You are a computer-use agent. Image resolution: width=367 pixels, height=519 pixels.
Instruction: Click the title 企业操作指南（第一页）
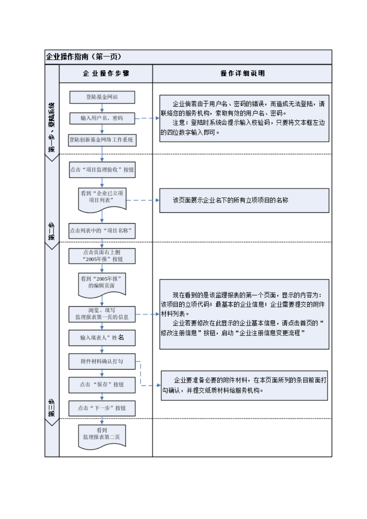[x=84, y=57]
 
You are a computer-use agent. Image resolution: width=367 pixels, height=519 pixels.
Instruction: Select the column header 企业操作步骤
[x=106, y=73]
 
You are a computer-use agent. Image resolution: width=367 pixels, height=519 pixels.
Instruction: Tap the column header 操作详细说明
[x=242, y=73]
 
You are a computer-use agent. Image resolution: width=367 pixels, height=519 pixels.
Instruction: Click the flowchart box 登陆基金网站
[x=102, y=97]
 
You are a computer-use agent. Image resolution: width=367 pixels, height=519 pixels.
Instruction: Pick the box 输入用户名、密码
[x=102, y=118]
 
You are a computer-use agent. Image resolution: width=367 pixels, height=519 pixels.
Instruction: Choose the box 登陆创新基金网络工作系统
[x=102, y=140]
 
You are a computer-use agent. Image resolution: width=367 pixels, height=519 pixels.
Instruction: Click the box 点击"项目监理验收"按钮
[x=102, y=170]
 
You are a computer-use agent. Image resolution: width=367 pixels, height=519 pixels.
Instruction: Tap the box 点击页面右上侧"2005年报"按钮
[x=102, y=256]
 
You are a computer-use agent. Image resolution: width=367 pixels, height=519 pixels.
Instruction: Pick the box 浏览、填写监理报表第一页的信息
[x=102, y=314]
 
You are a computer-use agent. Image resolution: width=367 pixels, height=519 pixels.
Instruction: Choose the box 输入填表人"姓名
[x=102, y=338]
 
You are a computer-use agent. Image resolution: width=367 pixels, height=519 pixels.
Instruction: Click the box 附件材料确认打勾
[x=102, y=361]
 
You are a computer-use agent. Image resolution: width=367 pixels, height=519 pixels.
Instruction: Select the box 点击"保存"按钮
[x=102, y=385]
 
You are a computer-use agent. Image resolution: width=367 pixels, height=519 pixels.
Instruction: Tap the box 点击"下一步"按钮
[x=102, y=408]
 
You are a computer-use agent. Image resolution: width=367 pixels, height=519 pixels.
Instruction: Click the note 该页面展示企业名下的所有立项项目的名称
[x=244, y=200]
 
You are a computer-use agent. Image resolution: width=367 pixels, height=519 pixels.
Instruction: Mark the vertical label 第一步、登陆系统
[x=52, y=127]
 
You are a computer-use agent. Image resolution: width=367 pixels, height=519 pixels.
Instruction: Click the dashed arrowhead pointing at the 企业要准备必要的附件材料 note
[x=159, y=385]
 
